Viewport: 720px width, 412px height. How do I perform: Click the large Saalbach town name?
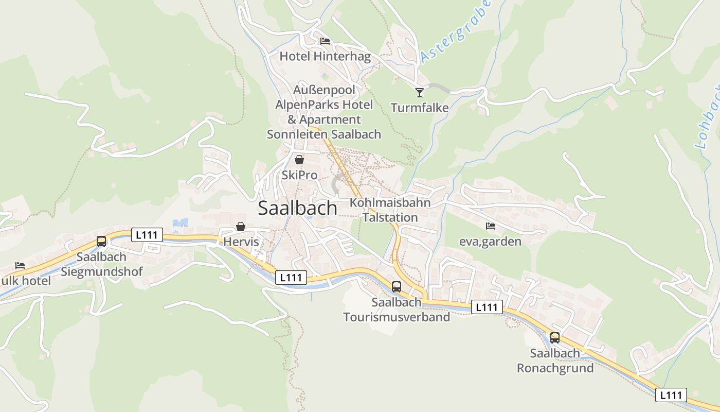coord(297,208)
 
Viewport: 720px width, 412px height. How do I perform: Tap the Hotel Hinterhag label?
coord(325,57)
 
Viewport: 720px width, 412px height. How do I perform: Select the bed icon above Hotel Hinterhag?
coord(325,41)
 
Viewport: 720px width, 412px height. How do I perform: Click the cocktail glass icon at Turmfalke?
coord(420,92)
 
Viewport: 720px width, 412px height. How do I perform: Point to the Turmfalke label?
coord(420,108)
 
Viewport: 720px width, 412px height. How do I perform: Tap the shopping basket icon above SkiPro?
coord(299,160)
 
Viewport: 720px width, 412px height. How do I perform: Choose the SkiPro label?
coord(299,175)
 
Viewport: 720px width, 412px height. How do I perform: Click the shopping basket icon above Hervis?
coord(240,227)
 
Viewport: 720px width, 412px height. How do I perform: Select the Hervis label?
coord(241,242)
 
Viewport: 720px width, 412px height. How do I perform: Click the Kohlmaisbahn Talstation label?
coord(390,210)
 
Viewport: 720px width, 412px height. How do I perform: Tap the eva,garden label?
coord(490,241)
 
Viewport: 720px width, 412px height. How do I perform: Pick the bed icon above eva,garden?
coord(490,226)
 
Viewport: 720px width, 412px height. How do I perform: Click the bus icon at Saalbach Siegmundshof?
coord(101,241)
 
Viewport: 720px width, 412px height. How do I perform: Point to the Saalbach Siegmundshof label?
coord(101,264)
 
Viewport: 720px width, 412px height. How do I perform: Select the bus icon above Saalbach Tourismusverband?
coord(396,287)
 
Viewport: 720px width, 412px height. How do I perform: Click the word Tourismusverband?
coord(397,317)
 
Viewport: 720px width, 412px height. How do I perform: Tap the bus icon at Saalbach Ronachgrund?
coord(554,338)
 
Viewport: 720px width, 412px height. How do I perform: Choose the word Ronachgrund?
coord(555,368)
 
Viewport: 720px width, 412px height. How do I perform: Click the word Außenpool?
coord(324,90)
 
